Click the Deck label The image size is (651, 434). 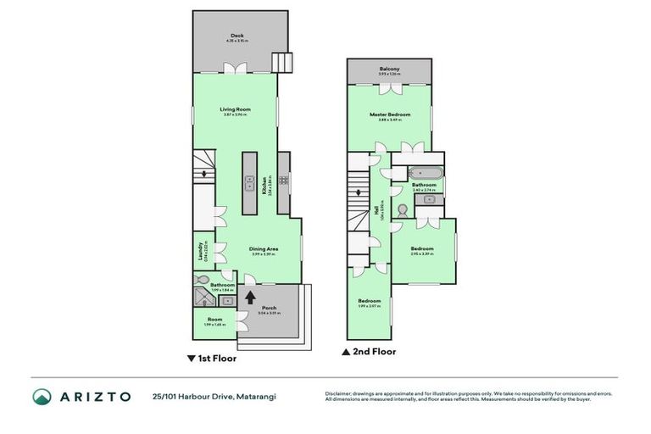[235, 36]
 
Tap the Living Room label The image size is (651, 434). [235, 109]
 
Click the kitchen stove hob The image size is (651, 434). [283, 179]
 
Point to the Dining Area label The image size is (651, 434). [264, 248]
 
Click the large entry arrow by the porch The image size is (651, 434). [250, 298]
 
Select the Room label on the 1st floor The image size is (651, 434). [213, 320]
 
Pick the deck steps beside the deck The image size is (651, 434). [282, 62]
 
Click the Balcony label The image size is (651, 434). [390, 69]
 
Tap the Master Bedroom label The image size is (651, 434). [390, 114]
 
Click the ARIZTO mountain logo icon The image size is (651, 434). [42, 396]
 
